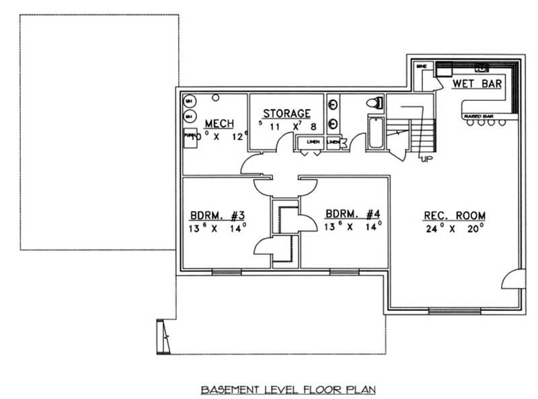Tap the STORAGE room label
[286, 114]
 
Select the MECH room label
[219, 123]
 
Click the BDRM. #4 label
[353, 215]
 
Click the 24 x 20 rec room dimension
[455, 227]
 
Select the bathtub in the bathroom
[375, 133]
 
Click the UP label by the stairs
[426, 159]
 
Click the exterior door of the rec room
[514, 277]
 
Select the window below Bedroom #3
[227, 272]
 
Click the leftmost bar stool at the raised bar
[465, 122]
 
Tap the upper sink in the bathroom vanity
[332, 104]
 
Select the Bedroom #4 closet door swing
[307, 221]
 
